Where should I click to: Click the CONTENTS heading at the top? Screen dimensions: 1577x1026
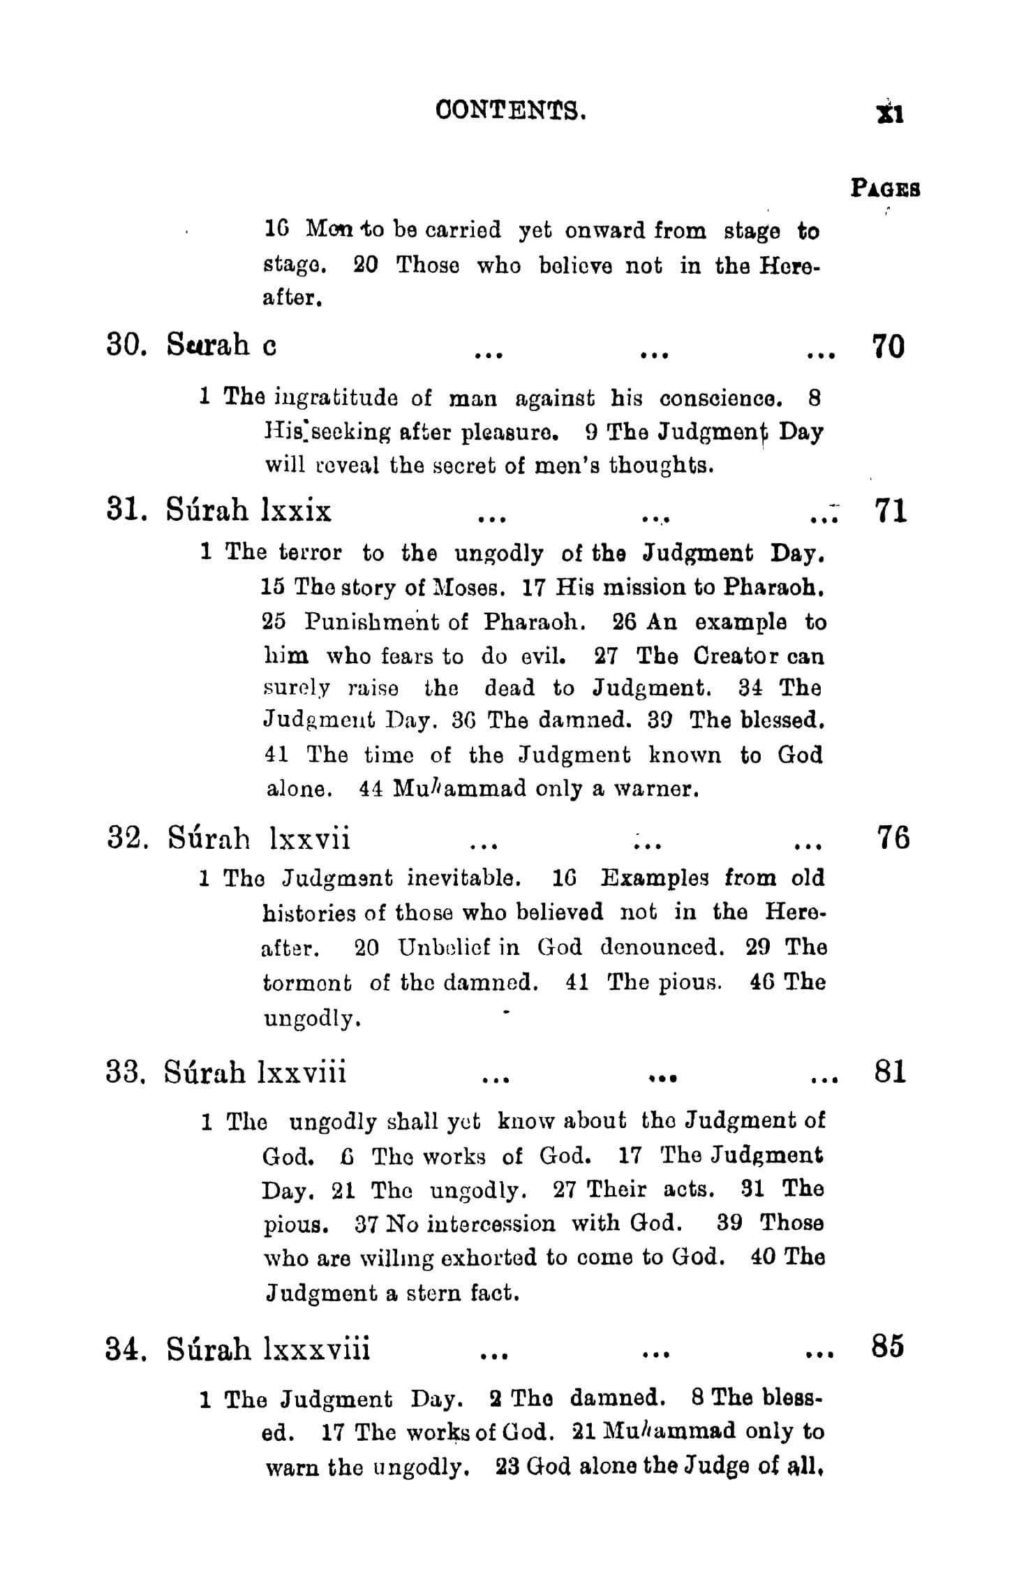pos(510,110)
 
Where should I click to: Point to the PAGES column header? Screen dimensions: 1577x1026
pos(885,188)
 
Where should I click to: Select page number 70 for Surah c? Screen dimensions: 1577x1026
pos(889,346)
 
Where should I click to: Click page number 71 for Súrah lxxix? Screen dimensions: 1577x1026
pos(890,511)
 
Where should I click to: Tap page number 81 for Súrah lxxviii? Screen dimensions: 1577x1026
pos(890,1071)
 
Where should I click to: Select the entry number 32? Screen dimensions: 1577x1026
pos(126,838)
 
